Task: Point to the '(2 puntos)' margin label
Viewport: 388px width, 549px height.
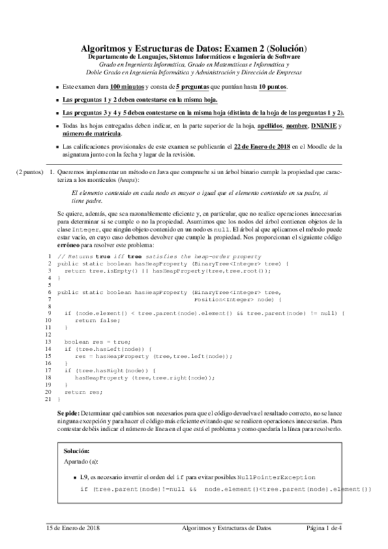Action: [29, 174]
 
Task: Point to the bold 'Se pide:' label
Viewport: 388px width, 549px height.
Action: [69, 412]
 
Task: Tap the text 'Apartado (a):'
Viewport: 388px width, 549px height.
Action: [82, 462]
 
